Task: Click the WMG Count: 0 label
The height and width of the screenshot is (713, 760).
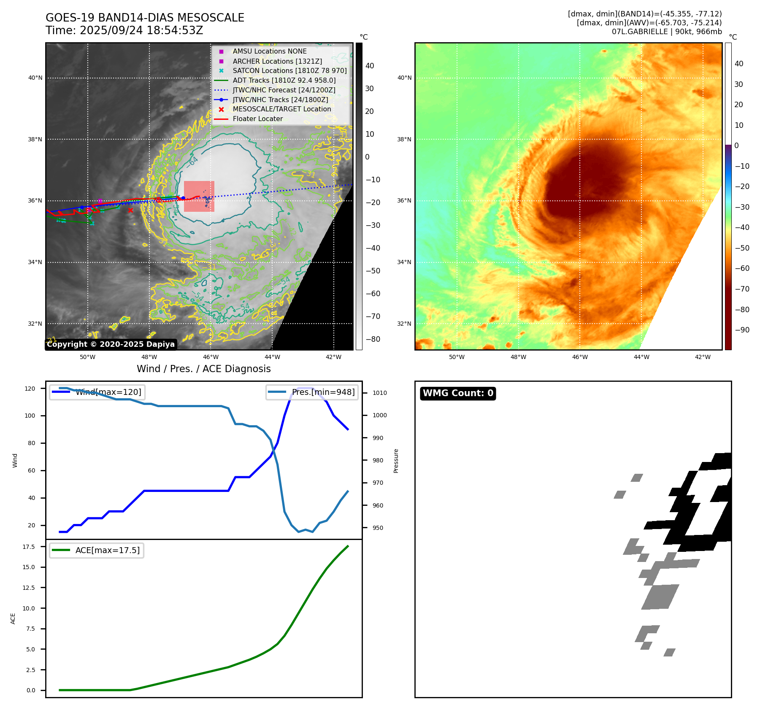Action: coord(458,393)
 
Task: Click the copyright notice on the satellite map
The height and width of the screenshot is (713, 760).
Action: coord(111,344)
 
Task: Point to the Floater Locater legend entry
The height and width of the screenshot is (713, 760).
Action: coord(257,119)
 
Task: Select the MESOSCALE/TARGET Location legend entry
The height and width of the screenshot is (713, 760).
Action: coord(281,109)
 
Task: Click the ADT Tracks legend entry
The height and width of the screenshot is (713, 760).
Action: coord(284,80)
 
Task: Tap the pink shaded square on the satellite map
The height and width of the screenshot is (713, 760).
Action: coord(199,196)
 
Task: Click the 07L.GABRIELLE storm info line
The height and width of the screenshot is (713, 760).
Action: coord(667,32)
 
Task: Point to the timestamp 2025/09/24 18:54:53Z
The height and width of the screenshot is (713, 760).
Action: coord(141,30)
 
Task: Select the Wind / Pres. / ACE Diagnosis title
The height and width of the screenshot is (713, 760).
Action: coord(204,369)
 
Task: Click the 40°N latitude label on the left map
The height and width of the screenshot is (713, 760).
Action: coord(35,78)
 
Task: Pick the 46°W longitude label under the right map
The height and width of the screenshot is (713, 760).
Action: coord(580,357)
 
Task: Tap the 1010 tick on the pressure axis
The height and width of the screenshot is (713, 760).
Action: coord(379,393)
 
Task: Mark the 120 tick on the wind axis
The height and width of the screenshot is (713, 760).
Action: coord(30,389)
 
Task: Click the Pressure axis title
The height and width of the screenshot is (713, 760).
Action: coord(396,461)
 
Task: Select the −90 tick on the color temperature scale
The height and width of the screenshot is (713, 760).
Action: coord(742,330)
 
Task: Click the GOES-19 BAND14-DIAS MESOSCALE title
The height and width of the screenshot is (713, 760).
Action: coord(145,18)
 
